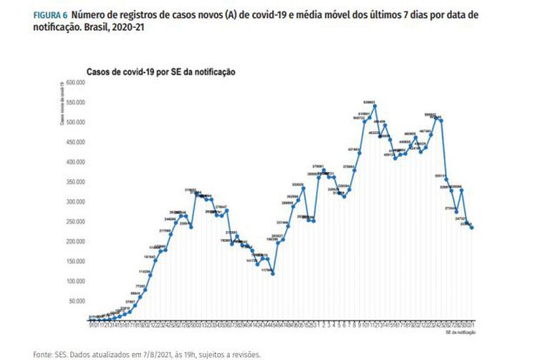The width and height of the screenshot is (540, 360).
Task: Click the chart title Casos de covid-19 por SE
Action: point(161,72)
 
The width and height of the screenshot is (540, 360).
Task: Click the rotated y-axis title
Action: point(64,104)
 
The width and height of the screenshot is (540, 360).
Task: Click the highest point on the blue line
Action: point(375,107)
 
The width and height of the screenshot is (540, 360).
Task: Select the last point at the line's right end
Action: point(472,228)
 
